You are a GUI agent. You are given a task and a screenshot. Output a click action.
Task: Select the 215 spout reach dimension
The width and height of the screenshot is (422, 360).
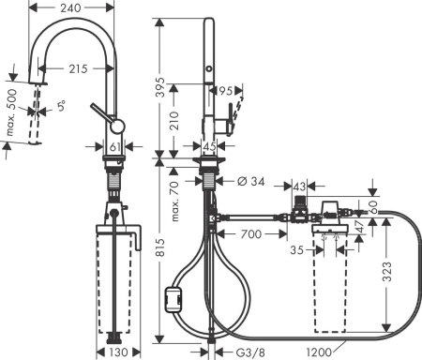[x=78, y=69]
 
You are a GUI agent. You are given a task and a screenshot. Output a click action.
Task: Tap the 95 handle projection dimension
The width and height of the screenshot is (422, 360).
[x=224, y=92]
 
